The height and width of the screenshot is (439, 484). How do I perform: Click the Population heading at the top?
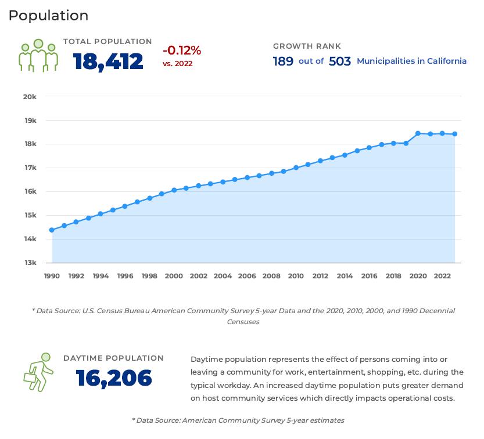(48, 16)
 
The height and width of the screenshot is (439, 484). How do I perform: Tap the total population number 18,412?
(108, 61)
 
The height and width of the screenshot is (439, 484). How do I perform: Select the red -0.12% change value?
(181, 50)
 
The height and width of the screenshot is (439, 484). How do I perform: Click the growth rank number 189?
(283, 61)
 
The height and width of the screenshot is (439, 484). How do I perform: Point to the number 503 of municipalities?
(340, 61)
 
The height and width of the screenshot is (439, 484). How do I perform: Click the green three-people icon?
(38, 55)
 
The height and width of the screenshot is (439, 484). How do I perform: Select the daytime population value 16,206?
(114, 378)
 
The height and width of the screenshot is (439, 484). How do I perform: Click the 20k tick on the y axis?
(30, 96)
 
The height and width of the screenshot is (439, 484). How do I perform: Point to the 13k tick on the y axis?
(30, 263)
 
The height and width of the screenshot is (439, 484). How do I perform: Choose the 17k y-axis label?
(30, 168)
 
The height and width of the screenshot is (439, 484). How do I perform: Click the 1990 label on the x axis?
(52, 276)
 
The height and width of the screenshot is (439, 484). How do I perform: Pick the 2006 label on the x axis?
(247, 276)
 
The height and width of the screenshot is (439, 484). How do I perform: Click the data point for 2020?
(418, 133)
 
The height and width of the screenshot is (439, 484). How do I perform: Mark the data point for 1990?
(52, 230)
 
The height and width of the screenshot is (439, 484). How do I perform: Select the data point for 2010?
(296, 168)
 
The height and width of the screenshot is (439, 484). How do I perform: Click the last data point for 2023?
(454, 134)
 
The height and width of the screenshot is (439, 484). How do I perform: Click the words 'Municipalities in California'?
(411, 61)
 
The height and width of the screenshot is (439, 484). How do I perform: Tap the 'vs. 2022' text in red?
(177, 63)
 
